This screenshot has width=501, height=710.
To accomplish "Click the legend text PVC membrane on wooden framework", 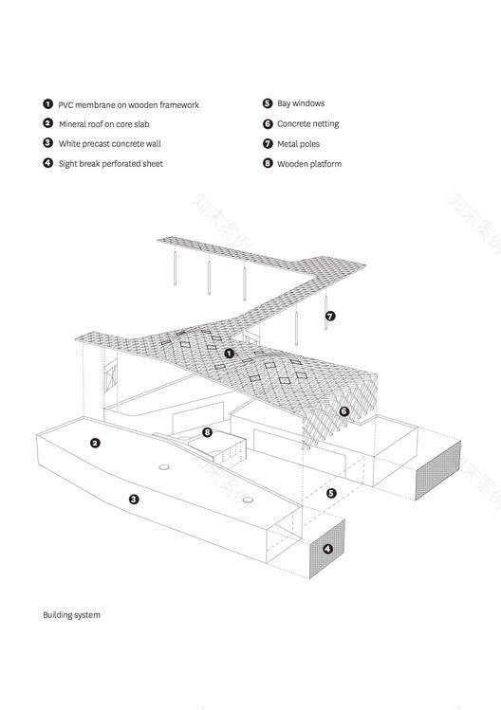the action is coord(128,105).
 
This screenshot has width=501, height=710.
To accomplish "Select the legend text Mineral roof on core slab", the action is coord(103,124).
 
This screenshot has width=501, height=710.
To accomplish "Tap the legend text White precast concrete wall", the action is coord(110,144).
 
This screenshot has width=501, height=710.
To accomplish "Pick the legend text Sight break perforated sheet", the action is coord(111,164).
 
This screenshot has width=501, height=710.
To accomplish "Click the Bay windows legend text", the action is coord(301,103).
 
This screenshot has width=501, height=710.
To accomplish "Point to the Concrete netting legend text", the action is coord(307,124).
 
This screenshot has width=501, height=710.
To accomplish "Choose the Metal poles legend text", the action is coord(298,144).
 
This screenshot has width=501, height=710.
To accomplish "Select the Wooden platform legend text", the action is coord(309,164).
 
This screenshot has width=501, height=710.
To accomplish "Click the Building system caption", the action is coord(71,615).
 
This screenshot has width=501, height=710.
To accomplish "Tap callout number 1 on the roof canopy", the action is coord(230,354).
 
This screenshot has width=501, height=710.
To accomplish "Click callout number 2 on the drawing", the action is coord(95,443).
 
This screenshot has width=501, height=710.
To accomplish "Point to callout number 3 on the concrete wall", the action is coord(134,499).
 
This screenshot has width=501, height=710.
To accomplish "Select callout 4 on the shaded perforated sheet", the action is coord(327,549).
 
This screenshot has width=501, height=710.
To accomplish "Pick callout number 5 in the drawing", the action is coord(331,493).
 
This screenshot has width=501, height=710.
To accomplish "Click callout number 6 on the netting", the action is coord(344,410).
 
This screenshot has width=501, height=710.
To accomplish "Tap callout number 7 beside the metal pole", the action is coord(330,316).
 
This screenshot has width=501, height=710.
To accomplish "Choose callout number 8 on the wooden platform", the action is coord(207,432).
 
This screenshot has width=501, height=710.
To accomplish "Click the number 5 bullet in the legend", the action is coord(268,103).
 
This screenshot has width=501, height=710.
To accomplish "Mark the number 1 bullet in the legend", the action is coord(48,104).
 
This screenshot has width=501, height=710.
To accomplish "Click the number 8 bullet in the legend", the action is coord(268,163).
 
